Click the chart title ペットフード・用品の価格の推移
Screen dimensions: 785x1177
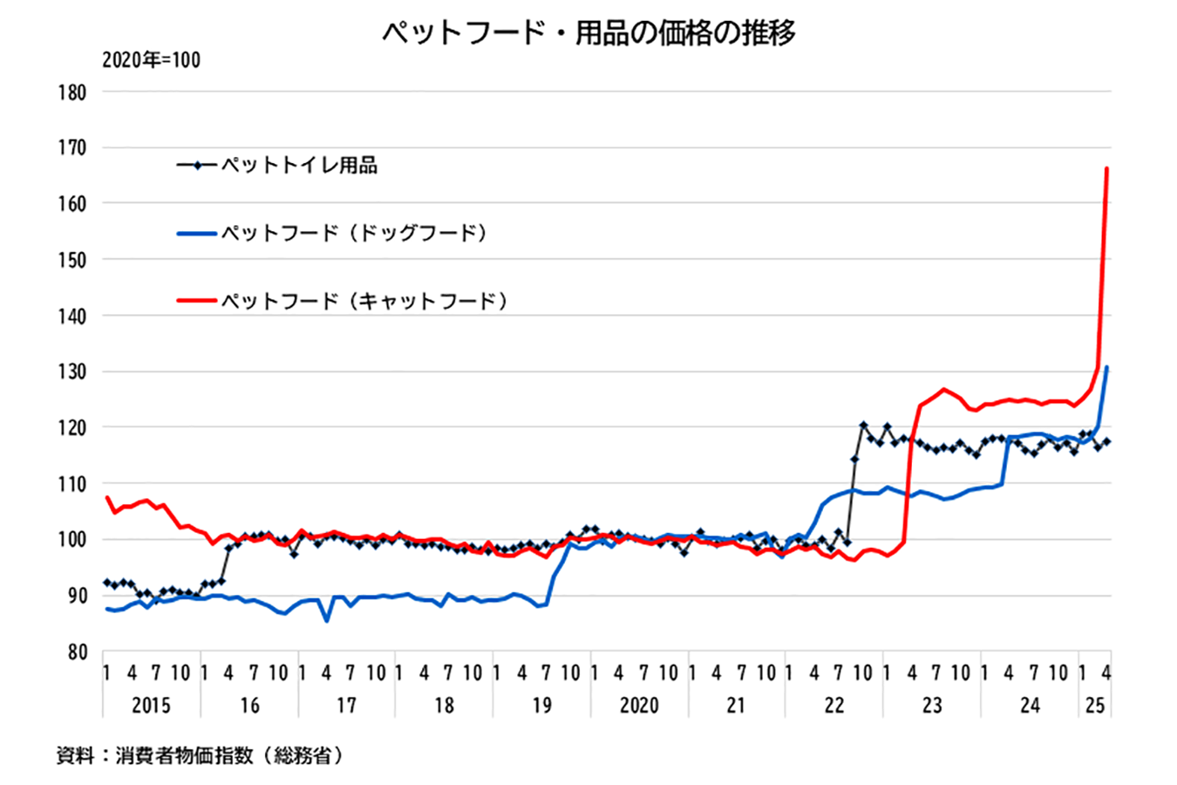pyautogui.click(x=588, y=33)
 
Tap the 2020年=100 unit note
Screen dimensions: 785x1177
pyautogui.click(x=151, y=60)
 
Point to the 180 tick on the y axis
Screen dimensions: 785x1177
pyautogui.click(x=72, y=92)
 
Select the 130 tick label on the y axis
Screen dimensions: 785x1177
pyautogui.click(x=72, y=372)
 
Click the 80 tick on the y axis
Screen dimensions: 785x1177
pyautogui.click(x=76, y=652)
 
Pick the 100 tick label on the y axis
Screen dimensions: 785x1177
pyautogui.click(x=72, y=539)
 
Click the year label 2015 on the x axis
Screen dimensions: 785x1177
pyautogui.click(x=151, y=705)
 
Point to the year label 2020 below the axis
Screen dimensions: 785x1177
pyautogui.click(x=639, y=705)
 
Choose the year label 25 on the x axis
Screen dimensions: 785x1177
pyautogui.click(x=1095, y=705)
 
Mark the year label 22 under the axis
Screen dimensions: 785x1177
pyautogui.click(x=834, y=705)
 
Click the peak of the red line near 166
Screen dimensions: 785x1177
pyautogui.click(x=1106, y=168)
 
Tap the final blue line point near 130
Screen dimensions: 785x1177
pyautogui.click(x=1106, y=367)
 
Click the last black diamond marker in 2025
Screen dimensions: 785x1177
pyautogui.click(x=1106, y=441)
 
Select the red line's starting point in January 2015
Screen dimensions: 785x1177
pyautogui.click(x=106, y=497)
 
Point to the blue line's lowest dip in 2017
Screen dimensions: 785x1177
pyautogui.click(x=326, y=620)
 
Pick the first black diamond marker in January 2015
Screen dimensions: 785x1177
pyautogui.click(x=106, y=582)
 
